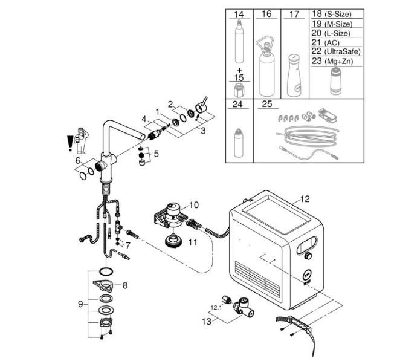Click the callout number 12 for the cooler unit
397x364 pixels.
click(305, 199)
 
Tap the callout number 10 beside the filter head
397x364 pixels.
click(194, 204)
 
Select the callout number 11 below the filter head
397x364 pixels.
click(193, 242)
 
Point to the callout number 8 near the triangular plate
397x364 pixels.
click(125, 285)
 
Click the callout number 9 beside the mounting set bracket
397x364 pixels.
click(80, 304)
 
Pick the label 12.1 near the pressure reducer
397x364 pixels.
click(216, 308)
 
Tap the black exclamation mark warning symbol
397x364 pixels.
click(70, 143)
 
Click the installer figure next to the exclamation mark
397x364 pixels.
click(81, 141)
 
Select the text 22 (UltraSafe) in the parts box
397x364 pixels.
click(336, 51)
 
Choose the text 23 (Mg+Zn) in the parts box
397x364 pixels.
click(332, 61)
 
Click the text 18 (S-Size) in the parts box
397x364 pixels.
click(331, 14)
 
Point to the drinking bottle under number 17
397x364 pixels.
click(294, 75)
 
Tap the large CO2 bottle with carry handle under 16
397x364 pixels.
click(266, 67)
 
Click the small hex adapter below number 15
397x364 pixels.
click(239, 90)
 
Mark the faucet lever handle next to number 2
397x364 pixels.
click(202, 106)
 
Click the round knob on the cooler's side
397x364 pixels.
click(308, 256)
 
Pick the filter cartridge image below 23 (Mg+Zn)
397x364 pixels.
click(336, 81)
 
